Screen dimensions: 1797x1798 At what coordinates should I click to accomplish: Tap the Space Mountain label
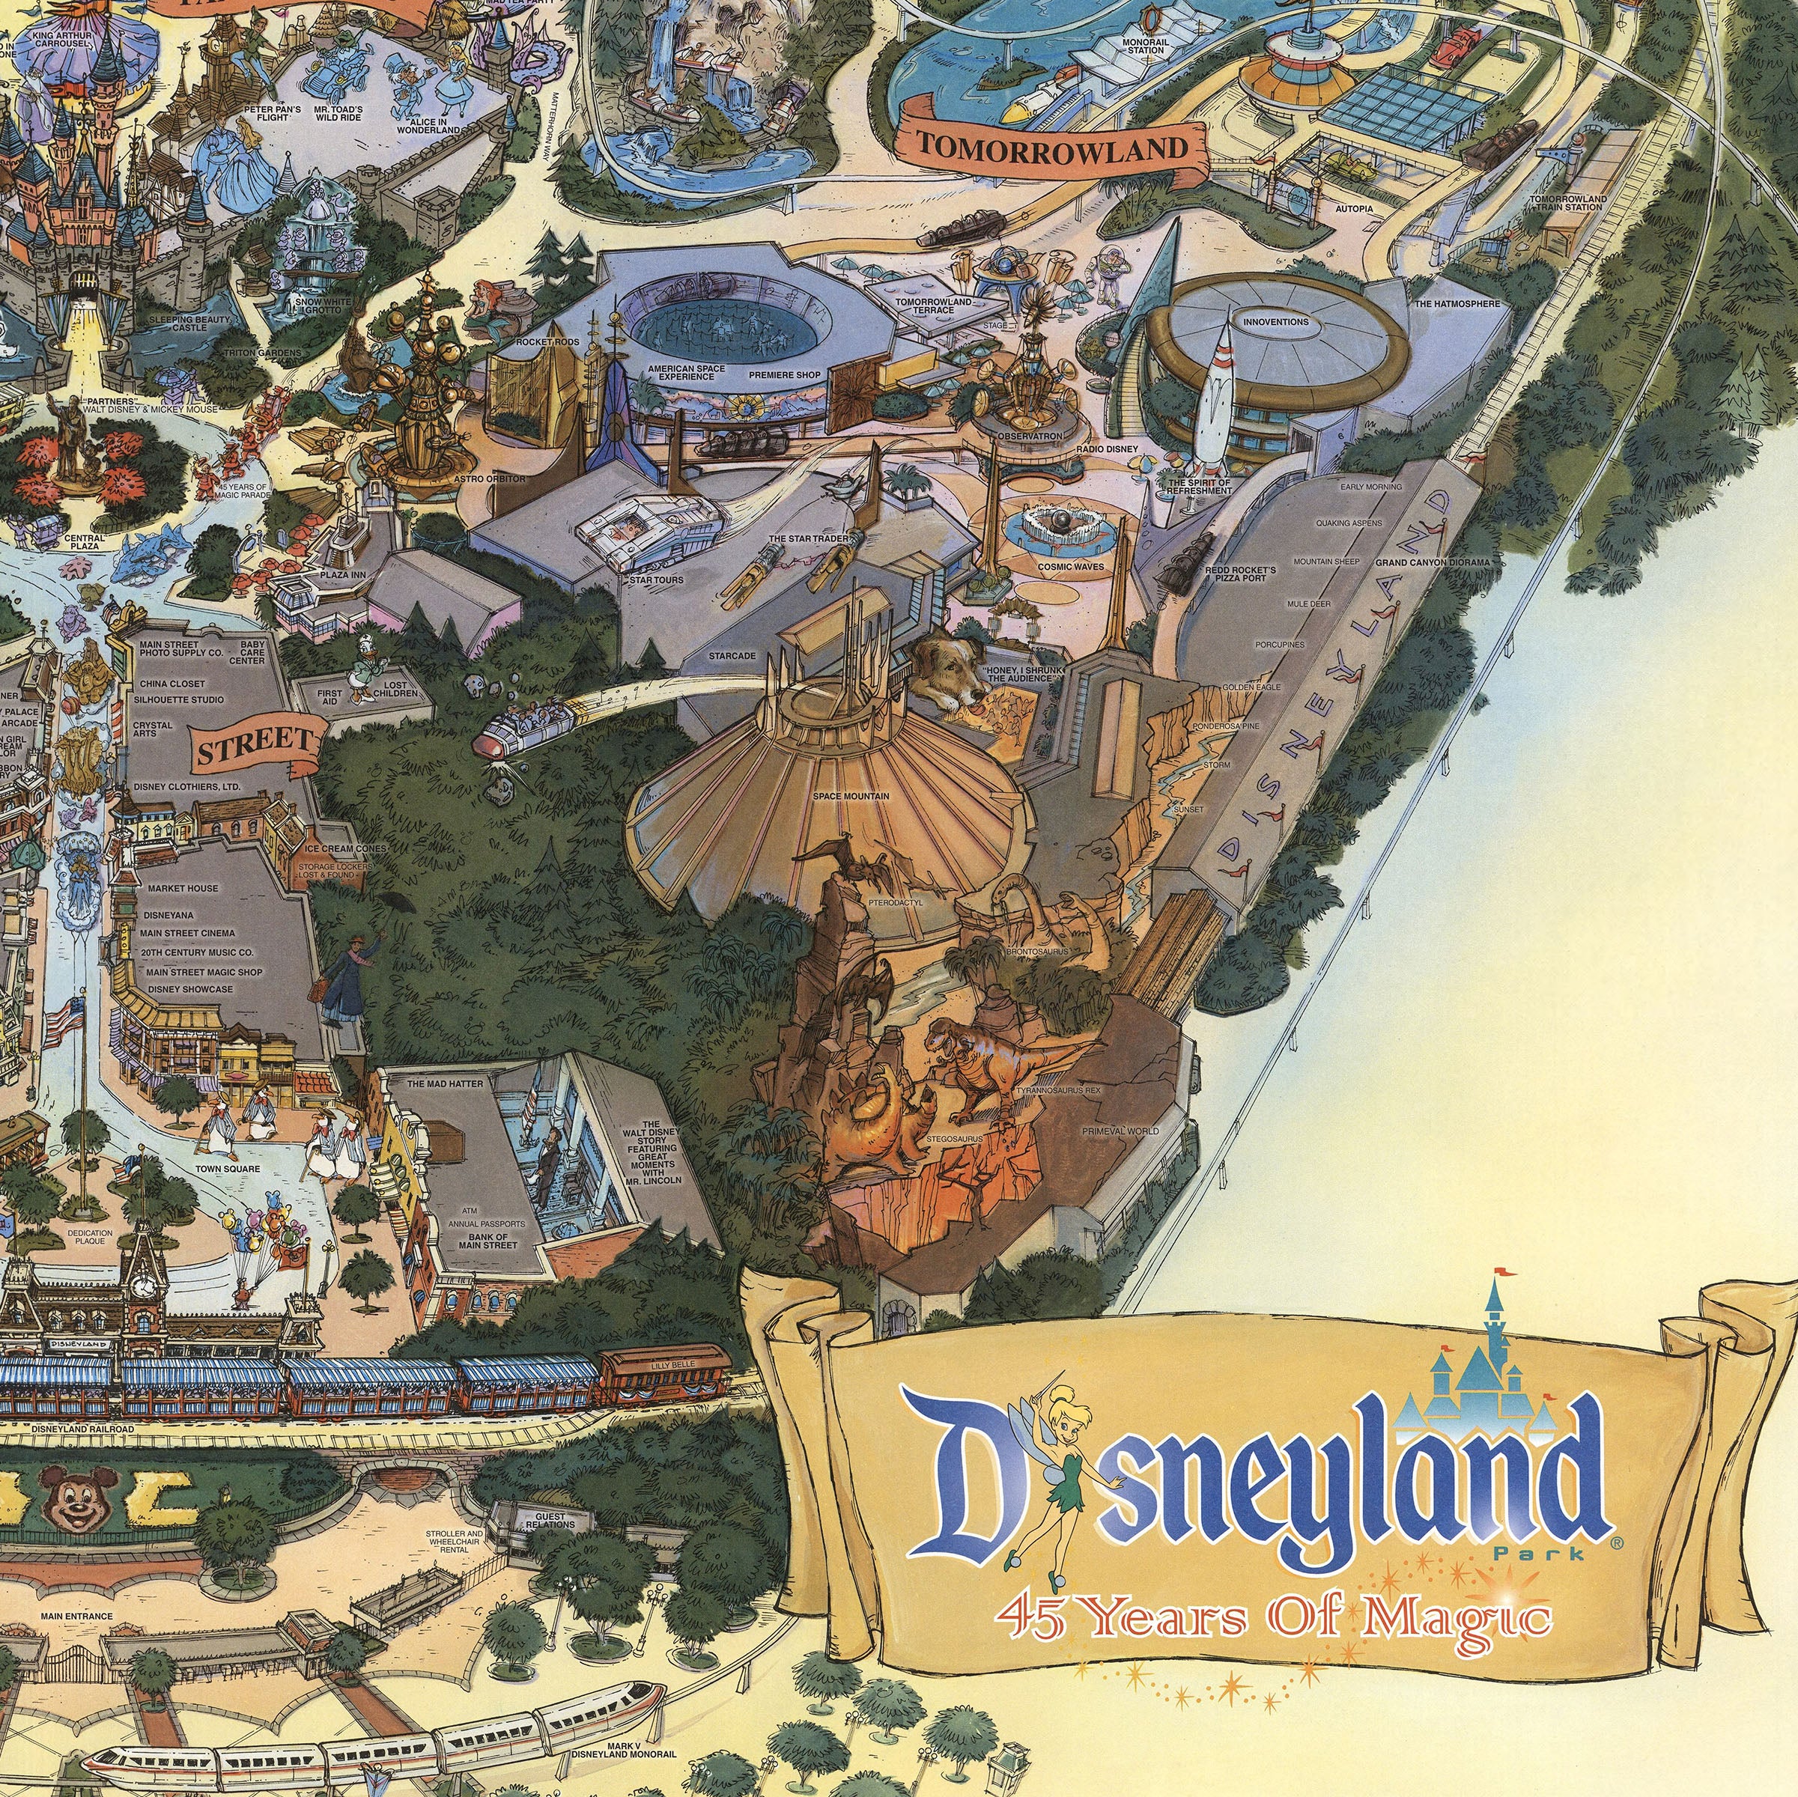coord(850,797)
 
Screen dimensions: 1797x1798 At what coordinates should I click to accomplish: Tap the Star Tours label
coord(656,580)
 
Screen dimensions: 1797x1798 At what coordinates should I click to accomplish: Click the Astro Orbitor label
coord(490,479)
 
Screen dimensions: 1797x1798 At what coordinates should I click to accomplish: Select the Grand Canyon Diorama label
coord(1433,563)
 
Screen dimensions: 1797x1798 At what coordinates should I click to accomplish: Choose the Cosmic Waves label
coord(1070,566)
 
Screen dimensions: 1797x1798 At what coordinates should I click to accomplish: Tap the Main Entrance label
coord(76,1617)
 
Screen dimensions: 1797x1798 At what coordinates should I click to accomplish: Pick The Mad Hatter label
coord(445,1084)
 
